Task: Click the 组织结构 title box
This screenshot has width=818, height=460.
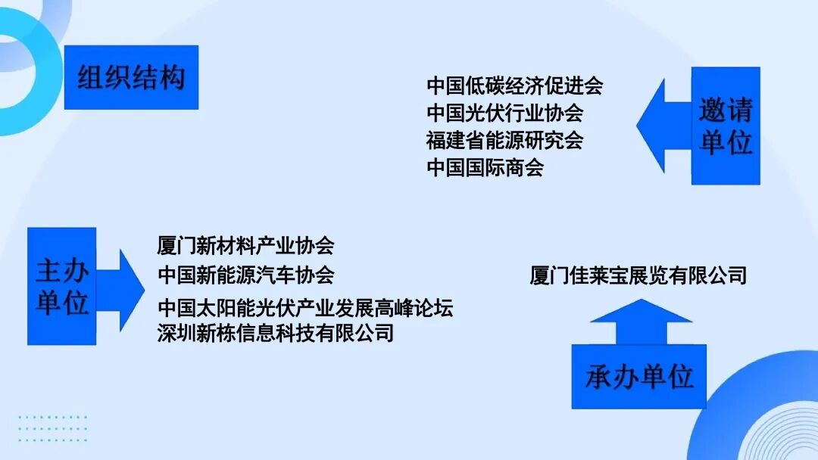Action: coord(131,77)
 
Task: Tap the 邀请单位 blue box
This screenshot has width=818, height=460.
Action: coord(725,126)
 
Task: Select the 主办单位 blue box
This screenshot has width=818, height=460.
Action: coord(62,286)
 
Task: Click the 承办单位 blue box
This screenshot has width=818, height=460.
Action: coord(638,376)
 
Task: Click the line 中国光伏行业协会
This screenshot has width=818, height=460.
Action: coord(504,113)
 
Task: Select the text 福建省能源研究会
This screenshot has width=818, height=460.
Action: coord(504,141)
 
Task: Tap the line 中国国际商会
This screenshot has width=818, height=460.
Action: coord(485,167)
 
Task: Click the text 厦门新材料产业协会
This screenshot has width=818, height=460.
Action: coord(245,246)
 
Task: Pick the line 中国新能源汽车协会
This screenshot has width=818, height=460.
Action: coord(245,273)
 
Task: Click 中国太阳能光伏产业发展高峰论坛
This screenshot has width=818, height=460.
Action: coord(305,309)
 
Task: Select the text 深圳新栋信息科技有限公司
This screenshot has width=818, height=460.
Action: coord(276,332)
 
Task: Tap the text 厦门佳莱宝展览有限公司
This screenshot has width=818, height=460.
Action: coord(638,275)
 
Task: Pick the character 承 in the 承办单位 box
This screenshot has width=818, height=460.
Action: coord(598,377)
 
